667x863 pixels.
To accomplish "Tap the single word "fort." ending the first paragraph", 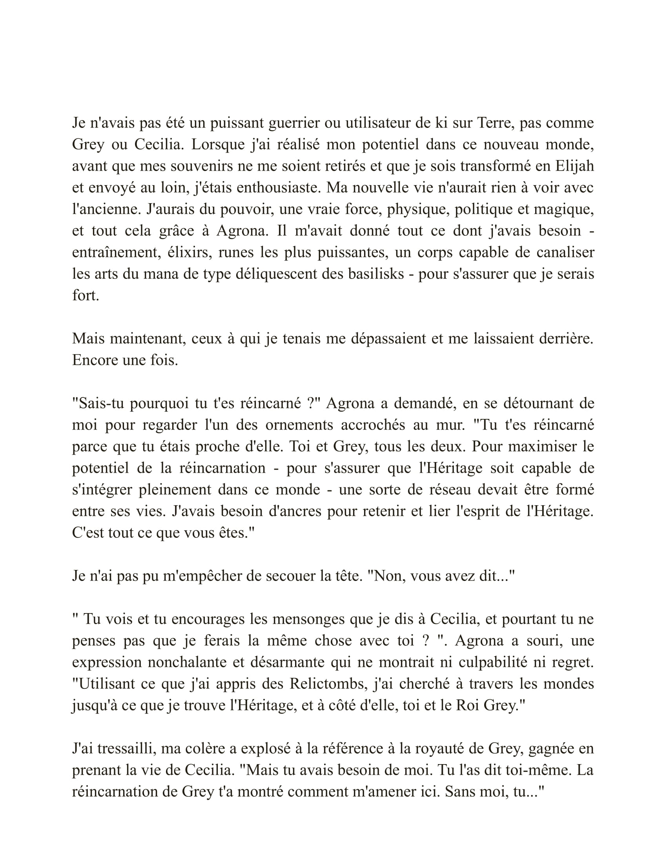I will point(86,295).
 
